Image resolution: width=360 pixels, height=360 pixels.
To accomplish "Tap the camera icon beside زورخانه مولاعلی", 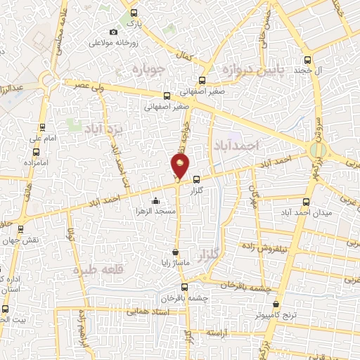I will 114,32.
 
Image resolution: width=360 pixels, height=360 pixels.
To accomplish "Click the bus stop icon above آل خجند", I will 307,60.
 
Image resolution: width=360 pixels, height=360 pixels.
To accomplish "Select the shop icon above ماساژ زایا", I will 175,252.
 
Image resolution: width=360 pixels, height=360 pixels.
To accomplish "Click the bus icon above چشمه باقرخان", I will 185,286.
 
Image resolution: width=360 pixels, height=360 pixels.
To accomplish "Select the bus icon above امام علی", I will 44,127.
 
